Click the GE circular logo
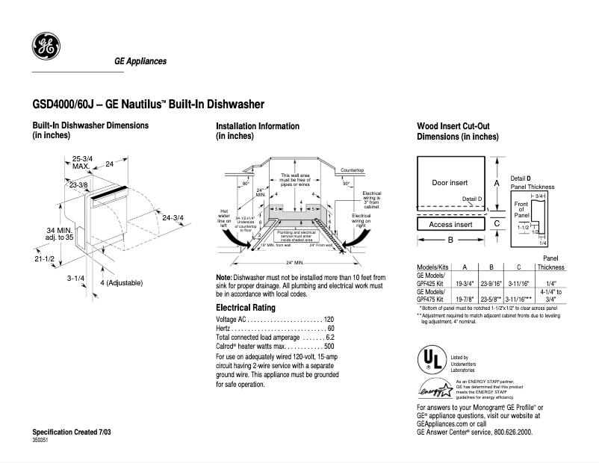[x=46, y=48]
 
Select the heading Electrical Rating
[x=246, y=308]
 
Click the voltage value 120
[x=329, y=320]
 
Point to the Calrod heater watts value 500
[x=329, y=347]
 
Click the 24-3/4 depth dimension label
[x=173, y=217]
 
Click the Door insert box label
[x=450, y=183]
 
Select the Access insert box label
[x=450, y=224]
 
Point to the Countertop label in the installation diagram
[x=352, y=170]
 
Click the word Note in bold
[x=223, y=277]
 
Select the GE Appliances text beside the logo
[x=140, y=61]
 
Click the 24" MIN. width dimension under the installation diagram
[x=295, y=263]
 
